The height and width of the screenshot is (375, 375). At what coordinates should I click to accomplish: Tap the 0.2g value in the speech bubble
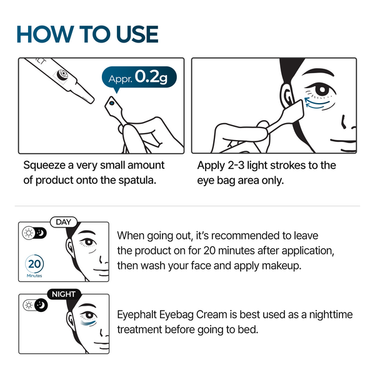click(x=153, y=77)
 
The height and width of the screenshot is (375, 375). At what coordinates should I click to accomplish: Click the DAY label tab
click(x=64, y=222)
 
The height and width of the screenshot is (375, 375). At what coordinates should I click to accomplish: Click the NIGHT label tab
click(x=64, y=294)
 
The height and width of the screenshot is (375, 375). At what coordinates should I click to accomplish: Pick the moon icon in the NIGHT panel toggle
click(x=41, y=304)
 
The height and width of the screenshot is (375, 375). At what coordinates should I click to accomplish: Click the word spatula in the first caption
click(x=134, y=181)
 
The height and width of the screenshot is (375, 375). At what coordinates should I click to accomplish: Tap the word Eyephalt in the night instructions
click(x=139, y=316)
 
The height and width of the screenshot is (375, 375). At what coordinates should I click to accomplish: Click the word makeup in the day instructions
click(x=302, y=264)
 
